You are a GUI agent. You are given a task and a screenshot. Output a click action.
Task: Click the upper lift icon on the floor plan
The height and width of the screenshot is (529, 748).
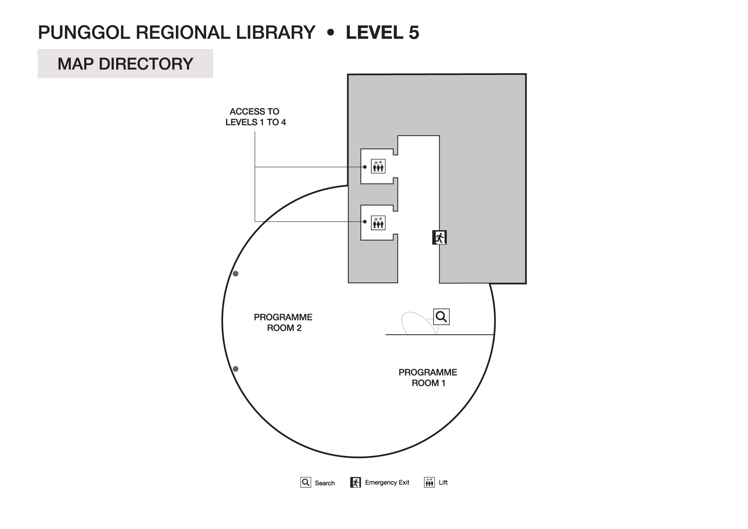(378, 166)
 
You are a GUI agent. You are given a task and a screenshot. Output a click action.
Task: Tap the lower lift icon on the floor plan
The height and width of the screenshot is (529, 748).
(378, 223)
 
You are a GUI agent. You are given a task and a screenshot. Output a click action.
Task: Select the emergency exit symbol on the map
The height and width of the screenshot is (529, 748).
(439, 237)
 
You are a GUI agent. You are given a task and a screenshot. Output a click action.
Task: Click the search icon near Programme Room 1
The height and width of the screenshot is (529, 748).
(441, 317)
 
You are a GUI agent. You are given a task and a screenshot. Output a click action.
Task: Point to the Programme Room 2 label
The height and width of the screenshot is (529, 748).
(283, 323)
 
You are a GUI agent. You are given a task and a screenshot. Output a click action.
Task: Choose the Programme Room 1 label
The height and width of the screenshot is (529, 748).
(428, 378)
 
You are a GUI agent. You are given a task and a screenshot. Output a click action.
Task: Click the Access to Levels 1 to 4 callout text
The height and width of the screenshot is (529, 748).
(255, 117)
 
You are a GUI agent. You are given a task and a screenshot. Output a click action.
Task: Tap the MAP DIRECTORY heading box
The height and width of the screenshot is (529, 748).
(125, 64)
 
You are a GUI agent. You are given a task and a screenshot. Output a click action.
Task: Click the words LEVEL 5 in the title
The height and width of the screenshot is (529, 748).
(382, 32)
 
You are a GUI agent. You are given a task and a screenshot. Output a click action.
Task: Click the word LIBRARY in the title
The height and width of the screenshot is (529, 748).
(275, 32)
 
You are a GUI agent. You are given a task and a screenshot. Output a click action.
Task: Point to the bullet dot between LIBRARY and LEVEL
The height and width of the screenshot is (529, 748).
(331, 33)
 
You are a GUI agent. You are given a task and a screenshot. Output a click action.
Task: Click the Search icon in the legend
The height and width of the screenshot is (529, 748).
(306, 482)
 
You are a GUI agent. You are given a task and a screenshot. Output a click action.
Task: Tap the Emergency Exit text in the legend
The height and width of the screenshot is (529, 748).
(387, 482)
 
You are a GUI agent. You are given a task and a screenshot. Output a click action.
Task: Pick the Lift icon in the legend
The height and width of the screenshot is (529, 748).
(429, 482)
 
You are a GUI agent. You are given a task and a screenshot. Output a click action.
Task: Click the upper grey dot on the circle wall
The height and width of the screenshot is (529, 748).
(235, 274)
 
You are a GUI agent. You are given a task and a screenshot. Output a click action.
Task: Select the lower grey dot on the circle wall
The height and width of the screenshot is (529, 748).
(235, 369)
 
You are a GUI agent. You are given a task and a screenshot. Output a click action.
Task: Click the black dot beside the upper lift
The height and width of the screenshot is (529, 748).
(365, 167)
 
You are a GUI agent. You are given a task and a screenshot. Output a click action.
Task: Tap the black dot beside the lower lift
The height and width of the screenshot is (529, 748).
(365, 222)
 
